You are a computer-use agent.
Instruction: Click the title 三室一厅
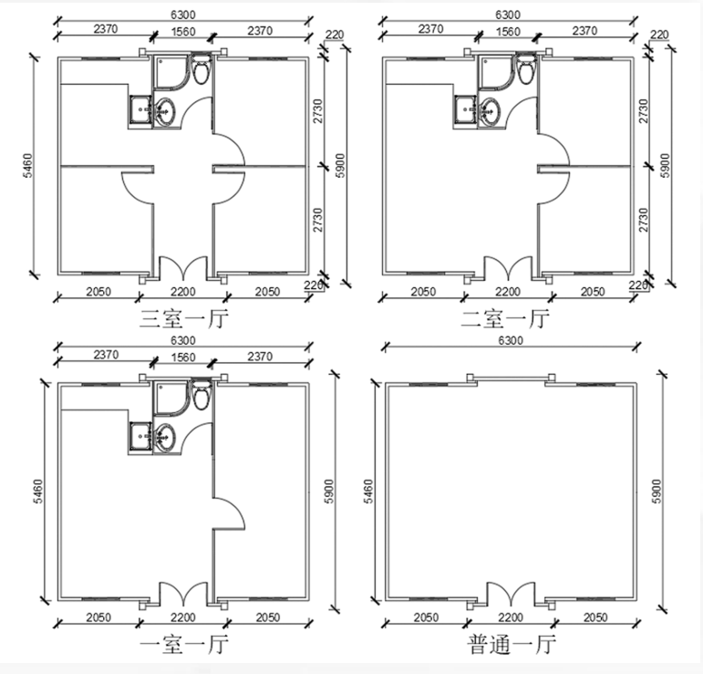[184, 319]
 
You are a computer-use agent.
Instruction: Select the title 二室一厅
[505, 319]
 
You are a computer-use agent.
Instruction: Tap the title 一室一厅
[184, 645]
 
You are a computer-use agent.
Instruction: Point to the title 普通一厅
[512, 645]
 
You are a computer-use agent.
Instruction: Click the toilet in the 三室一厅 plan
[202, 69]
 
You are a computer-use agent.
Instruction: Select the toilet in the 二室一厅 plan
[526, 69]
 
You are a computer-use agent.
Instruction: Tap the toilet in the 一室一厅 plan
[202, 395]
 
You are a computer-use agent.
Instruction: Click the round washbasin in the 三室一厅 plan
[164, 112]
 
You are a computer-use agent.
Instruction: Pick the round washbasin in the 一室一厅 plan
[164, 438]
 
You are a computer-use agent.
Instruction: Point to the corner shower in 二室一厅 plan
[495, 73]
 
